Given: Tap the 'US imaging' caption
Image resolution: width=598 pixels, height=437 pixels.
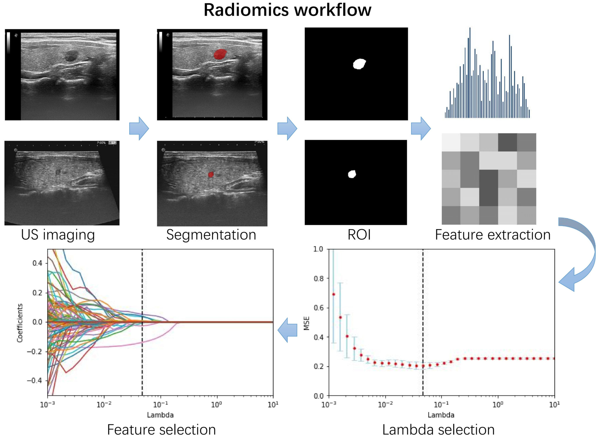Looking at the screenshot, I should (58, 235).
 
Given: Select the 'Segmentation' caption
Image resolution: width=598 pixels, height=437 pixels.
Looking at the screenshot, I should (211, 235).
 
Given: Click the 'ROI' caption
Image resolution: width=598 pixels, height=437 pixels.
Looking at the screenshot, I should (359, 235).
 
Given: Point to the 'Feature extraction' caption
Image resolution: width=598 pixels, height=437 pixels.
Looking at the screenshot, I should (493, 235).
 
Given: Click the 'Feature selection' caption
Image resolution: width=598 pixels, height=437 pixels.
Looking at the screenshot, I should (161, 429).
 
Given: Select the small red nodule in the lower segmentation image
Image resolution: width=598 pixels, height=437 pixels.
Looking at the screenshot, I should (210, 175).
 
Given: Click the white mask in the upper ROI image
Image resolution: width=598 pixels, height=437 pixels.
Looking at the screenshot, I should (359, 64).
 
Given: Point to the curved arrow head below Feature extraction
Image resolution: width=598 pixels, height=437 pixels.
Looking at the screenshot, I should (568, 280).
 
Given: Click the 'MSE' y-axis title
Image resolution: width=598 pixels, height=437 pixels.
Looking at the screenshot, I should (306, 323).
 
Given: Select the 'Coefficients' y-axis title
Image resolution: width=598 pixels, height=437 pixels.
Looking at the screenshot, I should (20, 323).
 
